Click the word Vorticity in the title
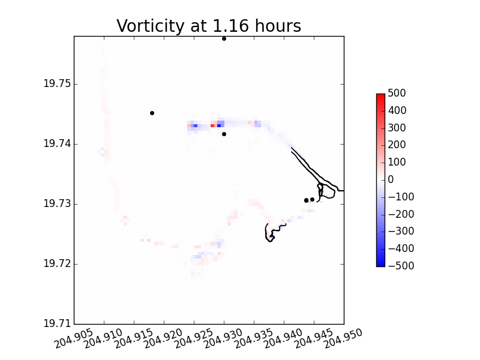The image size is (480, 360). [x=151, y=26]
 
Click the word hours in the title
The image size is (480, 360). [x=278, y=25]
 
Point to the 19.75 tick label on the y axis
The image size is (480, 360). [x=57, y=83]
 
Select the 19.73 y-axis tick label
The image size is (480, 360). [x=57, y=203]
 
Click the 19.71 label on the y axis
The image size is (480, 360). [x=57, y=323]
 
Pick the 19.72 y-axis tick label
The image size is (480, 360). [x=57, y=263]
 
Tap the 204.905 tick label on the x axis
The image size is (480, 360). [x=73, y=338]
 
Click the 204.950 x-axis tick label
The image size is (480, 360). [x=343, y=338]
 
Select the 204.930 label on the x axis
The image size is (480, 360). [x=223, y=338]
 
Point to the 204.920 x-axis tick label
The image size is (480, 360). [x=163, y=338]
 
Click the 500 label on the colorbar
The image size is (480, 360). [x=397, y=93]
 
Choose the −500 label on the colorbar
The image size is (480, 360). [x=401, y=266]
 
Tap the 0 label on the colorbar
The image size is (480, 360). [x=391, y=179]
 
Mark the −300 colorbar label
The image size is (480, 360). [x=401, y=231]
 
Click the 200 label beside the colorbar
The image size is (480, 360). [x=397, y=145]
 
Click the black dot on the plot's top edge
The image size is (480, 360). [x=224, y=39]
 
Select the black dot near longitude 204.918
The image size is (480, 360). [x=152, y=113]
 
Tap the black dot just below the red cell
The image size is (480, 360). [x=224, y=134]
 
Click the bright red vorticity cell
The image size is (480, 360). [x=212, y=125]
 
